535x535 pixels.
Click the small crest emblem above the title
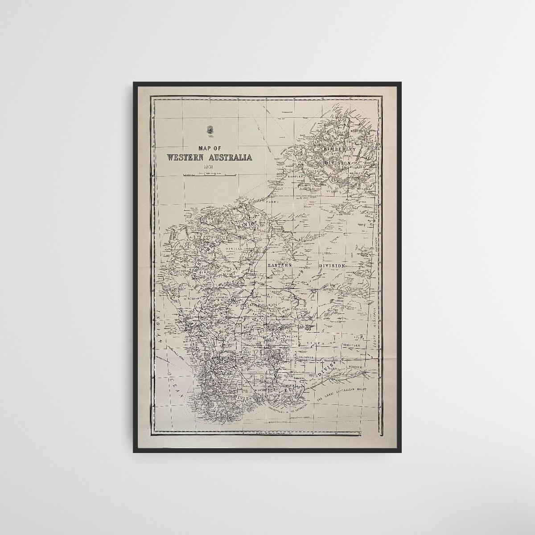point(209,130)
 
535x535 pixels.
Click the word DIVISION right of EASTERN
point(332,266)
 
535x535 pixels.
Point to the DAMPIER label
point(296,176)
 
